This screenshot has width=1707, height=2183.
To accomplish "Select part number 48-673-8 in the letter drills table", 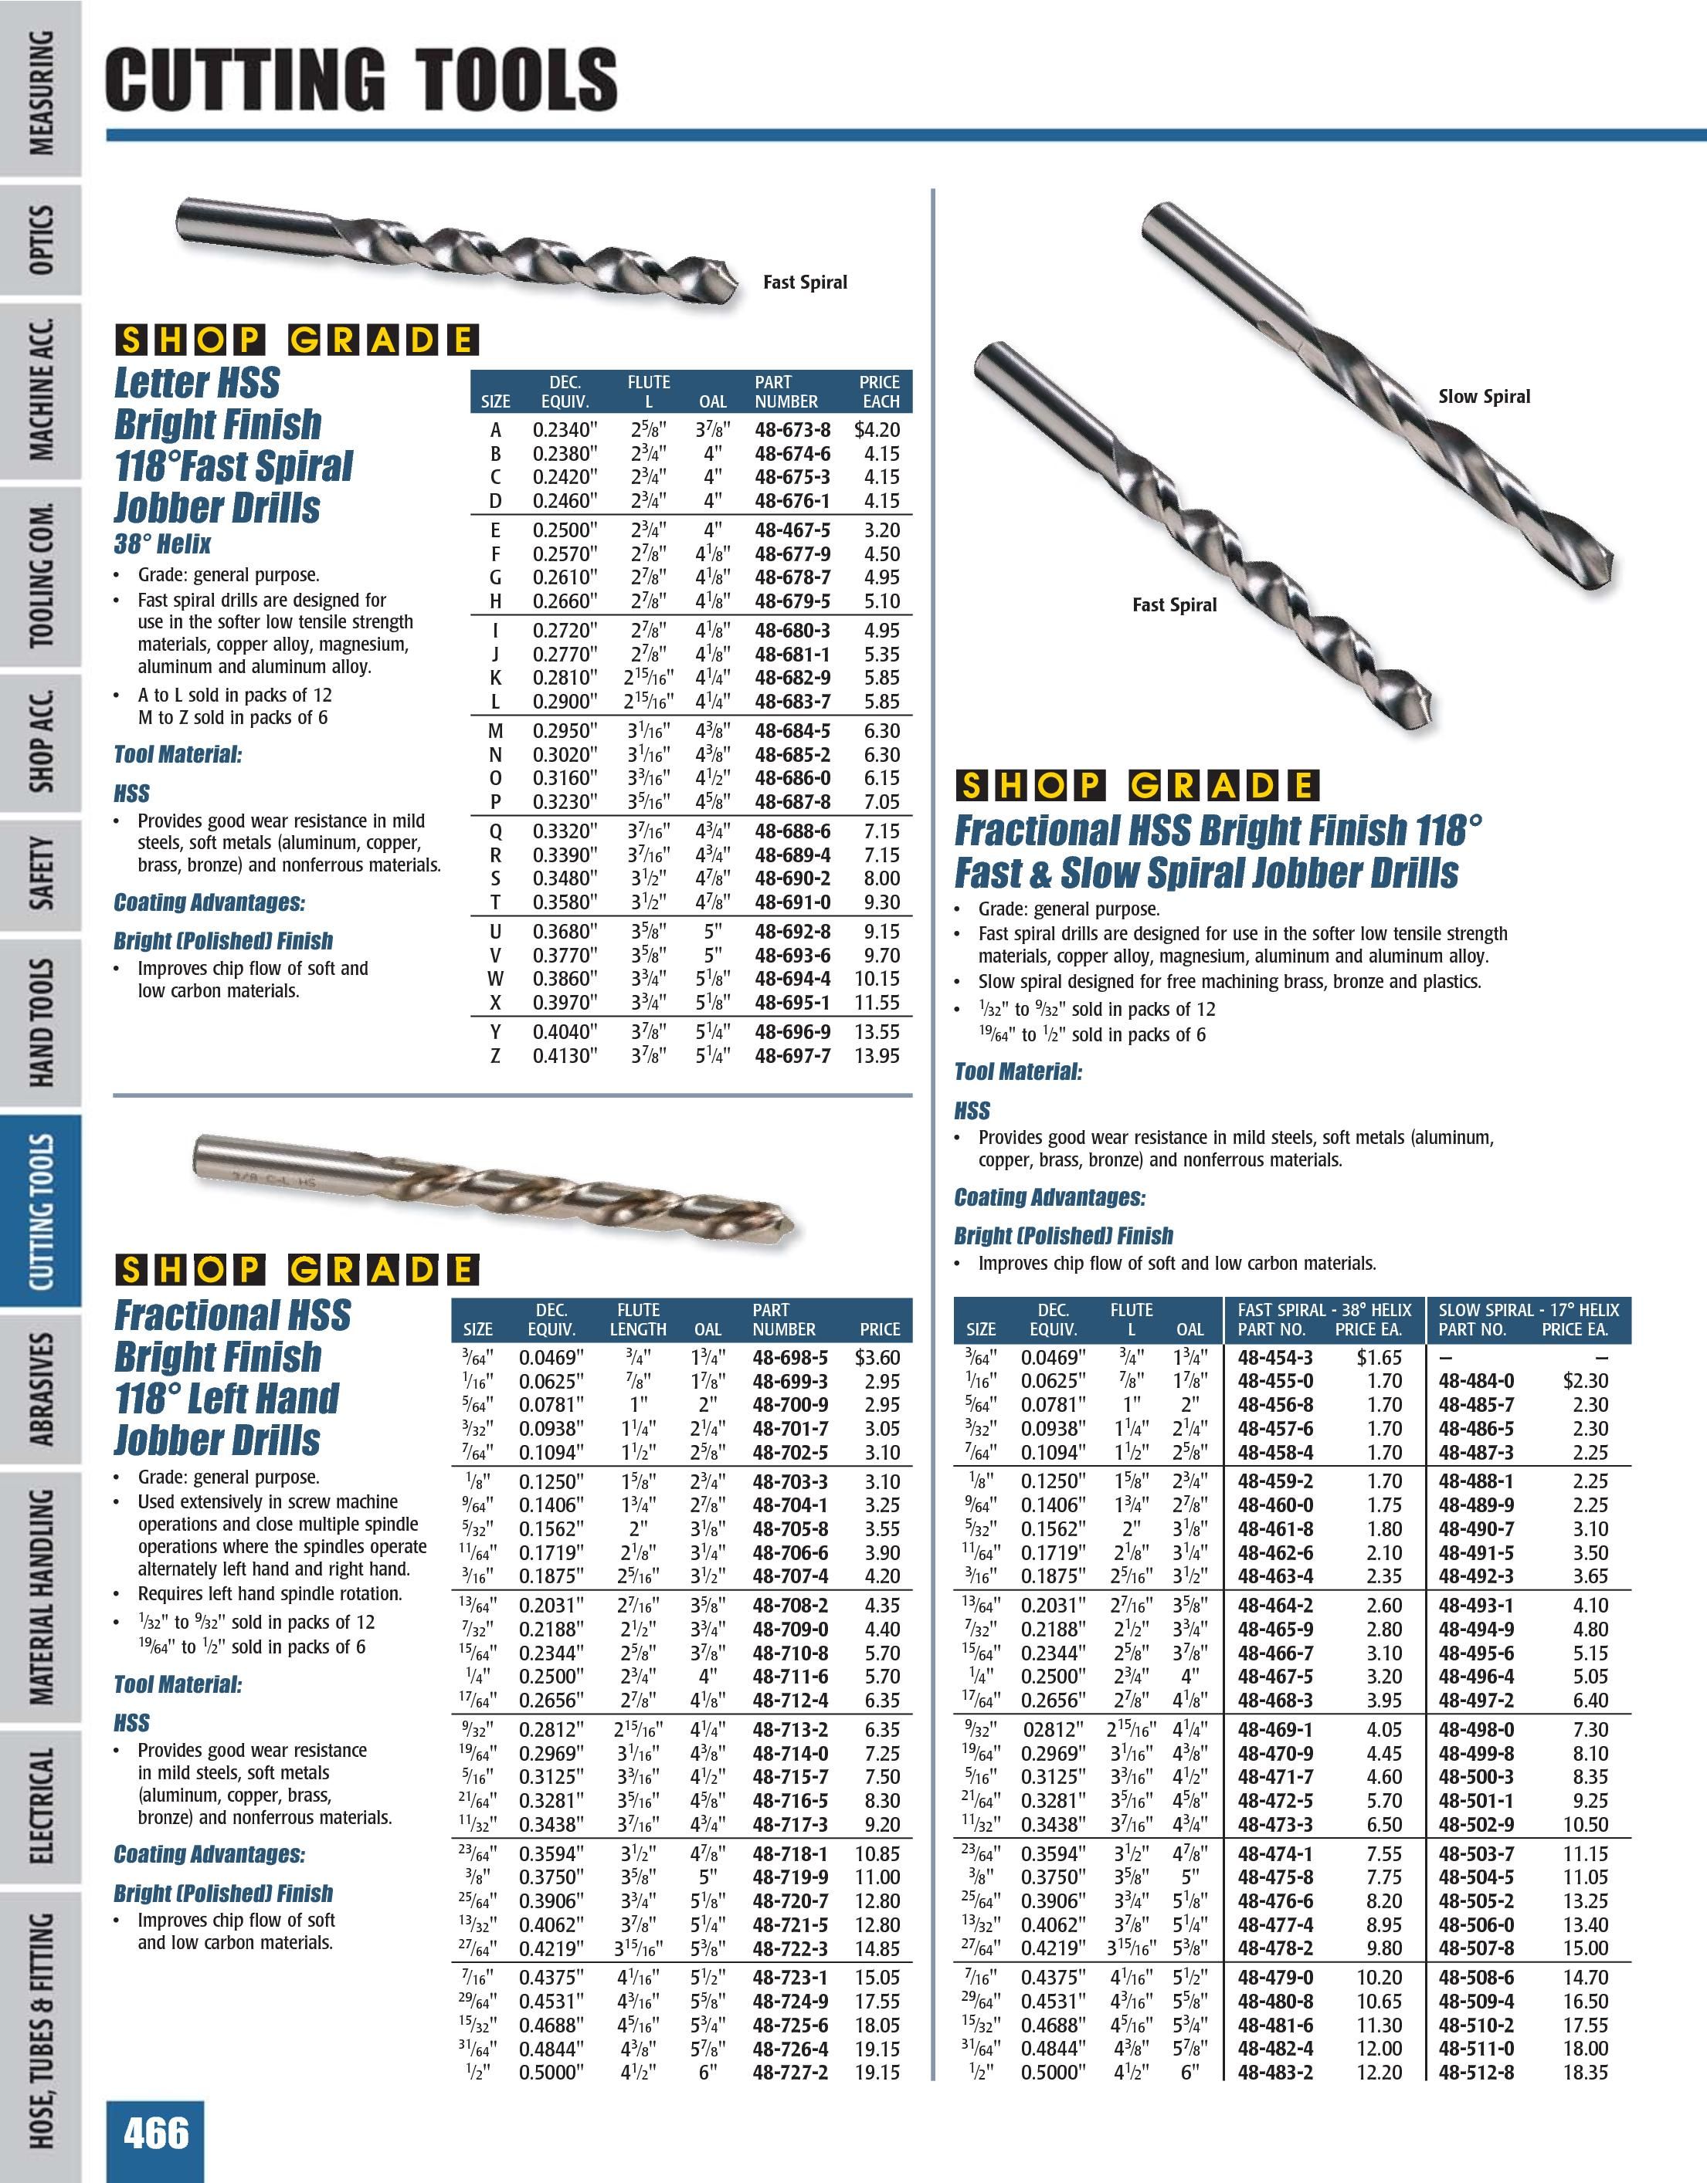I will (x=792, y=431).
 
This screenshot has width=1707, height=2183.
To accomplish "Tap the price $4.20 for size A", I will (x=877, y=431).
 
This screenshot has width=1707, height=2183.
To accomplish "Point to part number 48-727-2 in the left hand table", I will (x=790, y=2072).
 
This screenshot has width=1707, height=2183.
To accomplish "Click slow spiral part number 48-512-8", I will (x=1476, y=2072).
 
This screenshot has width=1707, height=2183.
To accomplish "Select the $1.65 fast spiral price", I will (x=1379, y=1357).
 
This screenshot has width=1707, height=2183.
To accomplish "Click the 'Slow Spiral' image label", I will (x=1484, y=397).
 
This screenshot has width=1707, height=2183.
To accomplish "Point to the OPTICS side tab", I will (x=41, y=240).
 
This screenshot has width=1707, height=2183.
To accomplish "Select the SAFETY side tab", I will (x=41, y=874).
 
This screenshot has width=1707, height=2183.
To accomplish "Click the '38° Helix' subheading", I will (x=162, y=545).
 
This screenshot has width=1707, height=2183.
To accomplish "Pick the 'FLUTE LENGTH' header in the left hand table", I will (x=638, y=1319).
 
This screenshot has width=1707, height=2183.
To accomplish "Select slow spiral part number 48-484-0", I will (x=1476, y=1382).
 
